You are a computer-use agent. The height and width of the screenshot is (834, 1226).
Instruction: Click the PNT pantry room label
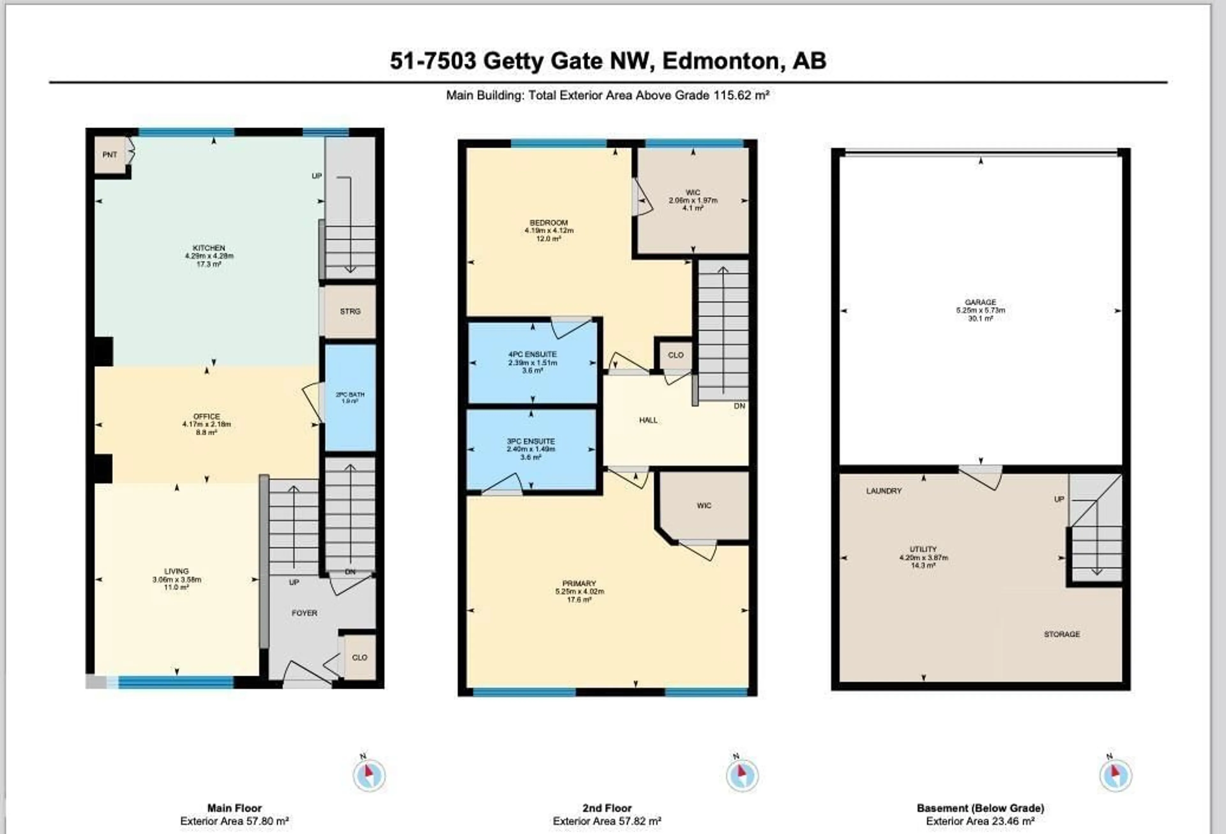tap(110, 154)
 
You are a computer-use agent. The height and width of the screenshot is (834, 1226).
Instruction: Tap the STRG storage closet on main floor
tap(350, 312)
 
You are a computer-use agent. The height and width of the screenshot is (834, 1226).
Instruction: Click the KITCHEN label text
tap(209, 248)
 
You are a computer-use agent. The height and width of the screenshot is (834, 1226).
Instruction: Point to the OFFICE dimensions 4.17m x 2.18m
tap(206, 424)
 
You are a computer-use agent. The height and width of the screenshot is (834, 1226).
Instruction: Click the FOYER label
tap(304, 613)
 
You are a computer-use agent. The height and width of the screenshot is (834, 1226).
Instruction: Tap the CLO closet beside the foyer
tap(359, 657)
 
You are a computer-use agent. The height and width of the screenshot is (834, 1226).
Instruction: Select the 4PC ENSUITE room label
tap(532, 354)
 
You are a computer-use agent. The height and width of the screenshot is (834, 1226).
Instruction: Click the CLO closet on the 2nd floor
tap(675, 355)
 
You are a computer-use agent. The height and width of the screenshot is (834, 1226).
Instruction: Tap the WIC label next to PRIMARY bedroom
tap(704, 506)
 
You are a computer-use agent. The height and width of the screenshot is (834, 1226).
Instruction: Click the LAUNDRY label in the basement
tap(884, 491)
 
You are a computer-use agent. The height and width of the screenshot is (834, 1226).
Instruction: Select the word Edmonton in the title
tap(721, 61)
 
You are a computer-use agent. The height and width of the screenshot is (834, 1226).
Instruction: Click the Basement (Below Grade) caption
tap(980, 808)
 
